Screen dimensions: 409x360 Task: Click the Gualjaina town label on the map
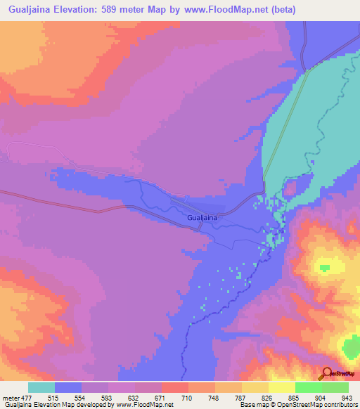point(202,218)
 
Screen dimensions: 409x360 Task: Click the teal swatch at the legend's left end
point(41,388)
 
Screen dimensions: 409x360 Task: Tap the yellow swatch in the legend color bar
point(281,388)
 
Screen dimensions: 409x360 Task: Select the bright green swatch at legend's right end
point(335,388)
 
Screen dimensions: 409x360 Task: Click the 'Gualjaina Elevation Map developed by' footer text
point(58,405)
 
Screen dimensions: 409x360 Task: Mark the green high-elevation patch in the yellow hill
point(324,266)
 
